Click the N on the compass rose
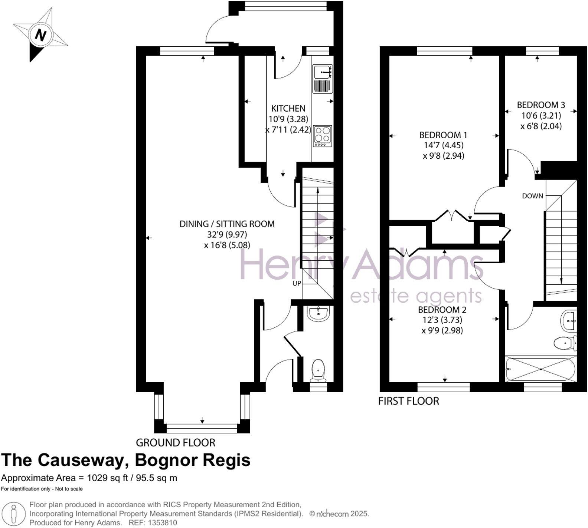coord(40,36)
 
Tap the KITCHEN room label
coord(288,109)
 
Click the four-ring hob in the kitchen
coord(322,136)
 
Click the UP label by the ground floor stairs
coord(297,284)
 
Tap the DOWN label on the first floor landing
coord(533,196)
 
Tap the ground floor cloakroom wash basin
coord(318,313)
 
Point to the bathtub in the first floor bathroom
coord(541,369)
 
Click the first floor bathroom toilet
coord(565,343)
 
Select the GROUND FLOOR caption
coord(176,443)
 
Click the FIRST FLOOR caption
coord(408,401)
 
